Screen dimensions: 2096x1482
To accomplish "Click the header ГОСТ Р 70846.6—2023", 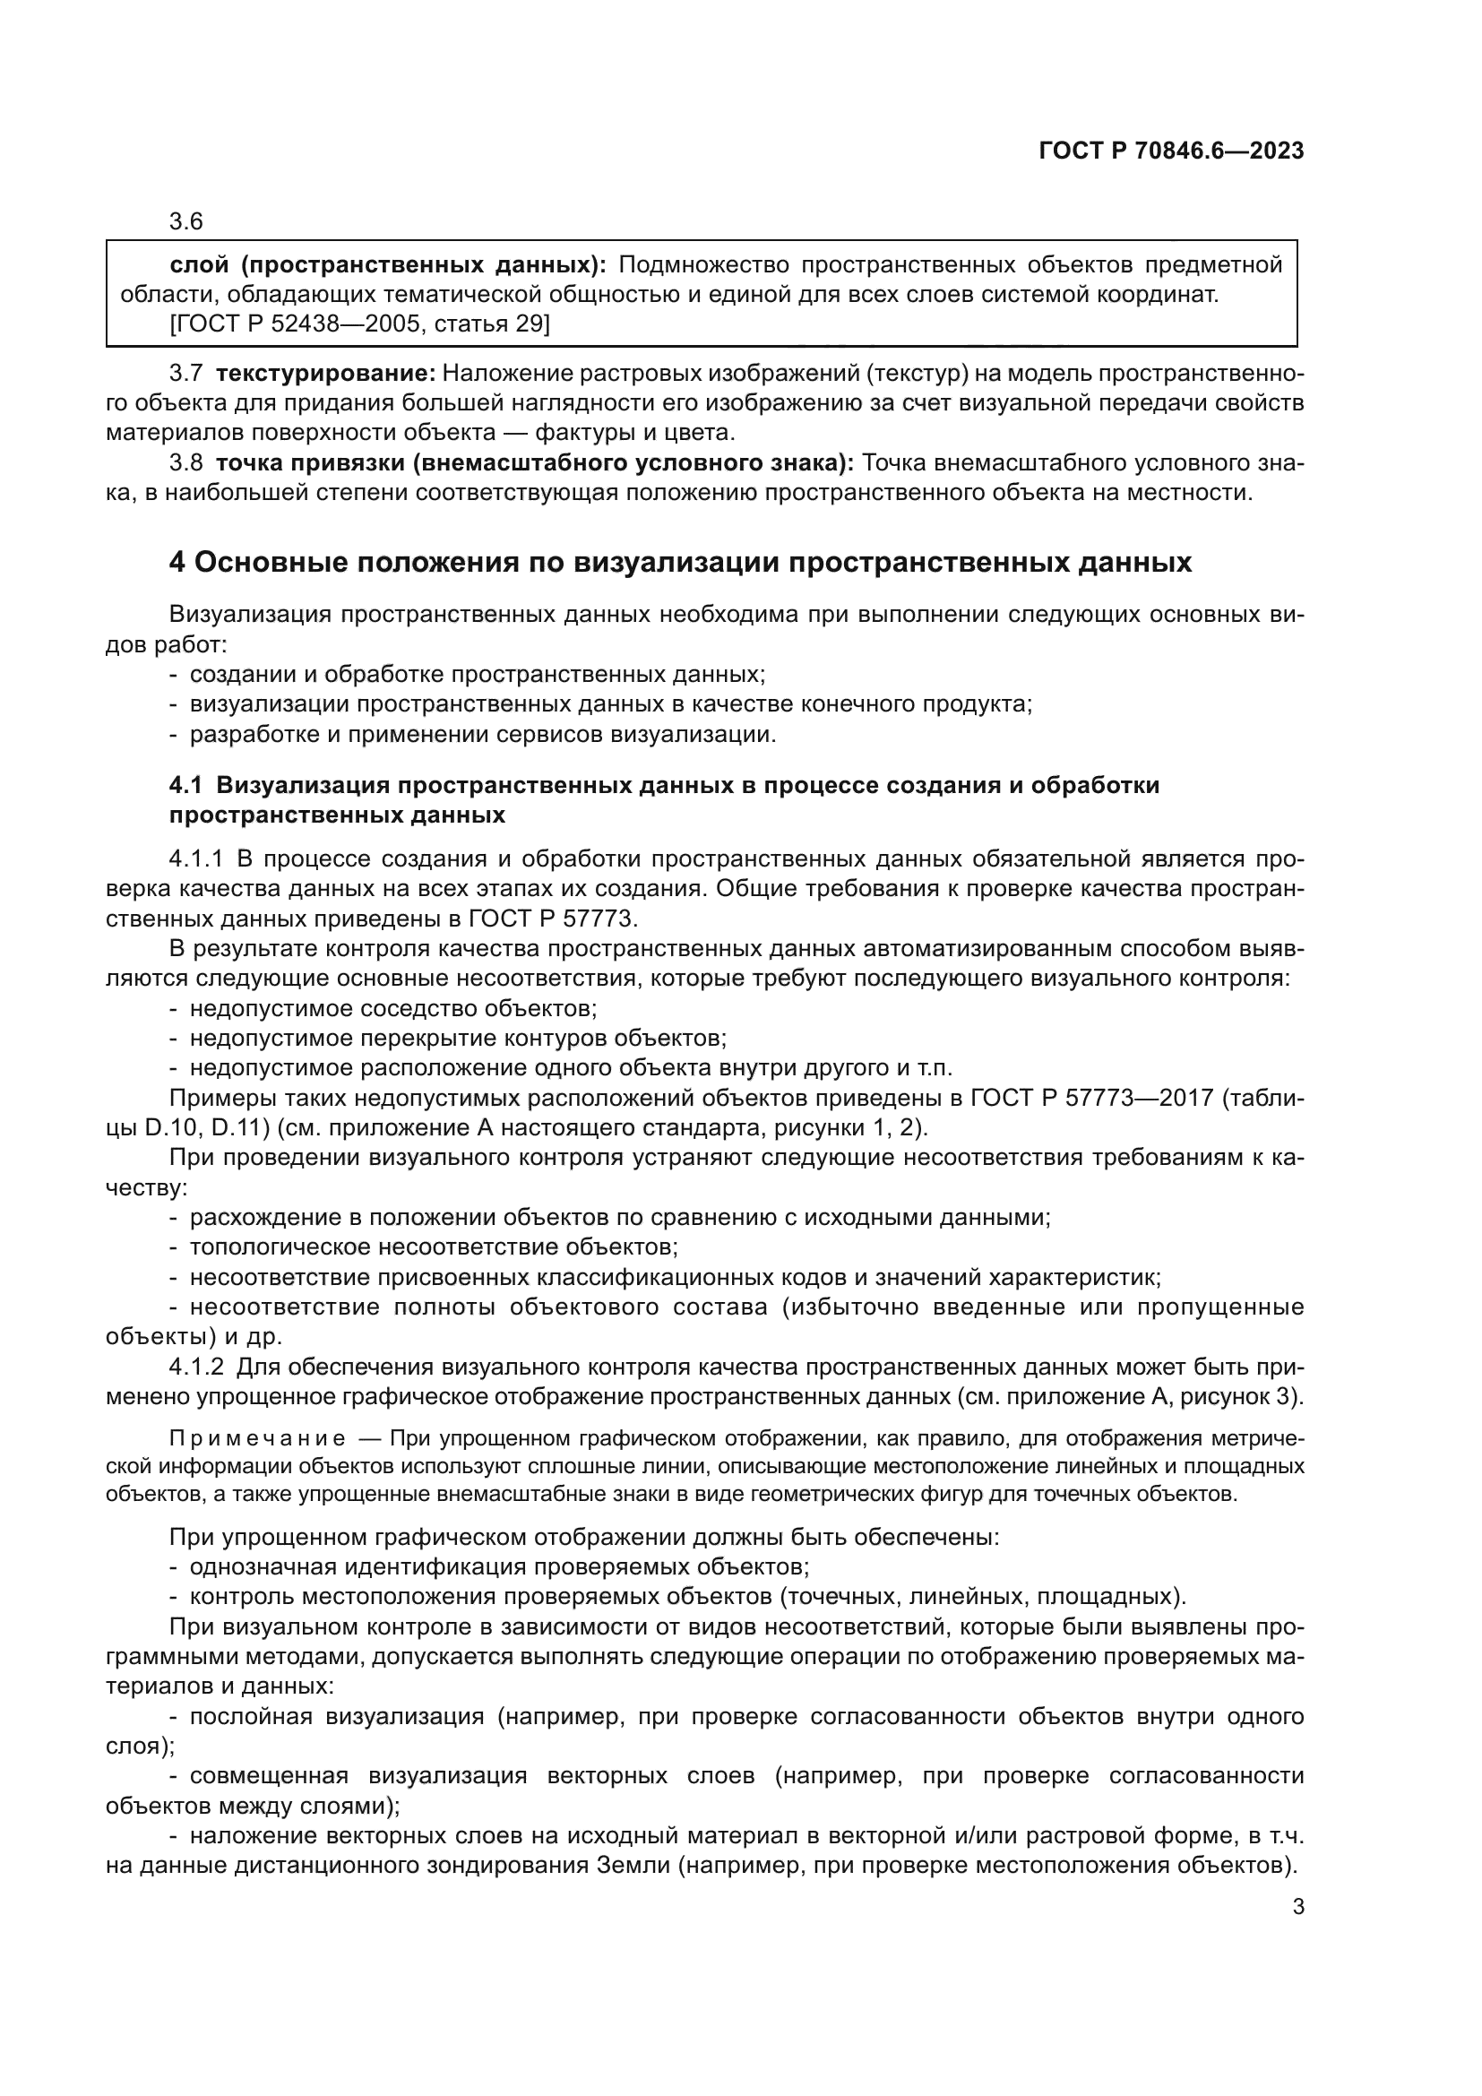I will point(1171,151).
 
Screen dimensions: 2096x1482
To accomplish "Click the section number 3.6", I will point(186,222).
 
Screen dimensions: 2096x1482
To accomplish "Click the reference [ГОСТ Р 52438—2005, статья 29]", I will point(359,324).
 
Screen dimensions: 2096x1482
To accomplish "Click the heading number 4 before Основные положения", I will point(177,563).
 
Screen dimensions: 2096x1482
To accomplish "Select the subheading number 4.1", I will point(186,785).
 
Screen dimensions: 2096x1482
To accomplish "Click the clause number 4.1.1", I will point(196,859).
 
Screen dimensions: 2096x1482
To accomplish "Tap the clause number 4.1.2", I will point(196,1367).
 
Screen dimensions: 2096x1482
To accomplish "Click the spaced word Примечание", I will point(257,1440).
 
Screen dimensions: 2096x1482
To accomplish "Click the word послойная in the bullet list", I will point(246,1716).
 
